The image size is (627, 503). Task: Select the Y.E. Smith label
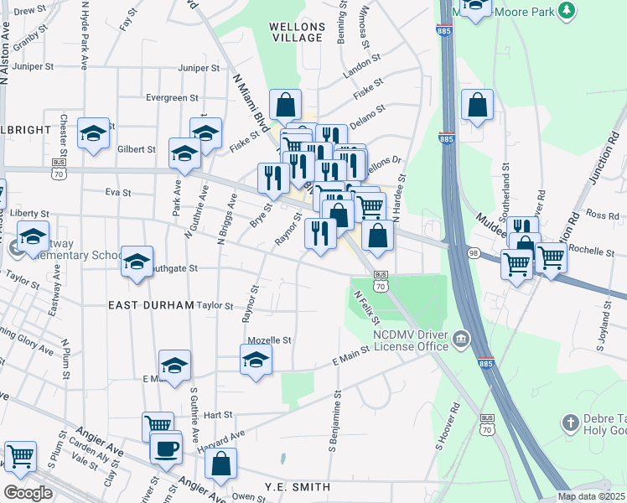click(x=297, y=487)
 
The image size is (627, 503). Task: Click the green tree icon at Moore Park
click(x=567, y=10)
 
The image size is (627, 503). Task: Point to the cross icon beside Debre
click(x=570, y=423)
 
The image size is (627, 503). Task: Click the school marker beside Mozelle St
click(x=256, y=360)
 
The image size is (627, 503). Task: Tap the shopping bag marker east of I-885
click(x=477, y=106)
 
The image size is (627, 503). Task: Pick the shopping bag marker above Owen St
click(x=220, y=464)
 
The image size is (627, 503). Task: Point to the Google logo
click(x=28, y=493)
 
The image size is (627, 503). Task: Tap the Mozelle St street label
click(x=269, y=340)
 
